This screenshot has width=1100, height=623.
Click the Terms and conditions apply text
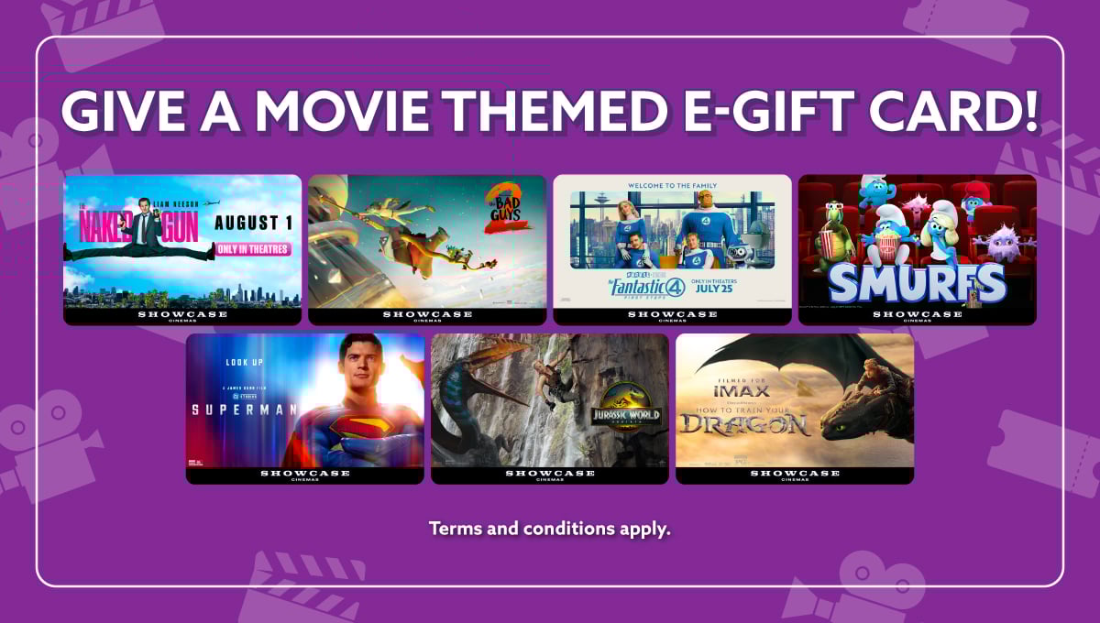[550, 529]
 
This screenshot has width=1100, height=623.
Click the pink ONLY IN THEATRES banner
[252, 249]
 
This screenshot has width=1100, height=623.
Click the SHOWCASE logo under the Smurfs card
[917, 315]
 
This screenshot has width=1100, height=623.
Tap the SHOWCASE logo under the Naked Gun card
[181, 315]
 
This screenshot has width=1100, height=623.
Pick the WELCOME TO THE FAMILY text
[671, 186]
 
